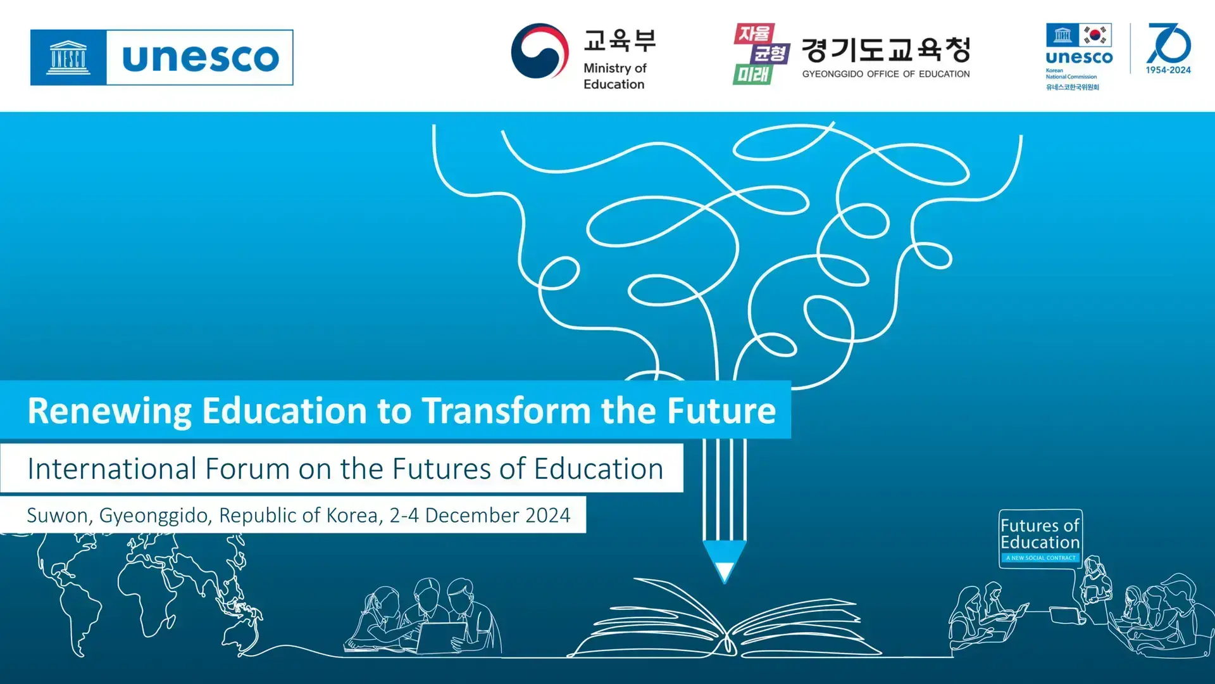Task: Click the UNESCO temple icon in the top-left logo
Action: click(x=68, y=58)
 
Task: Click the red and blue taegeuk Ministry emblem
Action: click(x=540, y=51)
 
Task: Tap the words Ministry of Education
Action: click(x=614, y=76)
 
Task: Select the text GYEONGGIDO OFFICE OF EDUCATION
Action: click(x=886, y=74)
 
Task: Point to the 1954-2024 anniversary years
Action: click(x=1168, y=70)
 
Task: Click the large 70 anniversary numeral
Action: click(x=1169, y=43)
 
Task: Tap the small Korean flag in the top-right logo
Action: click(x=1095, y=35)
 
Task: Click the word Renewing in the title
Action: click(x=109, y=411)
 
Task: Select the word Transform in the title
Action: click(x=506, y=410)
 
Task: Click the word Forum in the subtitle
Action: click(x=247, y=469)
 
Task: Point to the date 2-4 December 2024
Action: click(x=480, y=516)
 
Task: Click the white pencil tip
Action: click(x=725, y=572)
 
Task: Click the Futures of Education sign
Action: click(x=1040, y=538)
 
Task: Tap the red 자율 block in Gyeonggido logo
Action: click(x=753, y=34)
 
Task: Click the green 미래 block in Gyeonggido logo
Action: click(x=752, y=75)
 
